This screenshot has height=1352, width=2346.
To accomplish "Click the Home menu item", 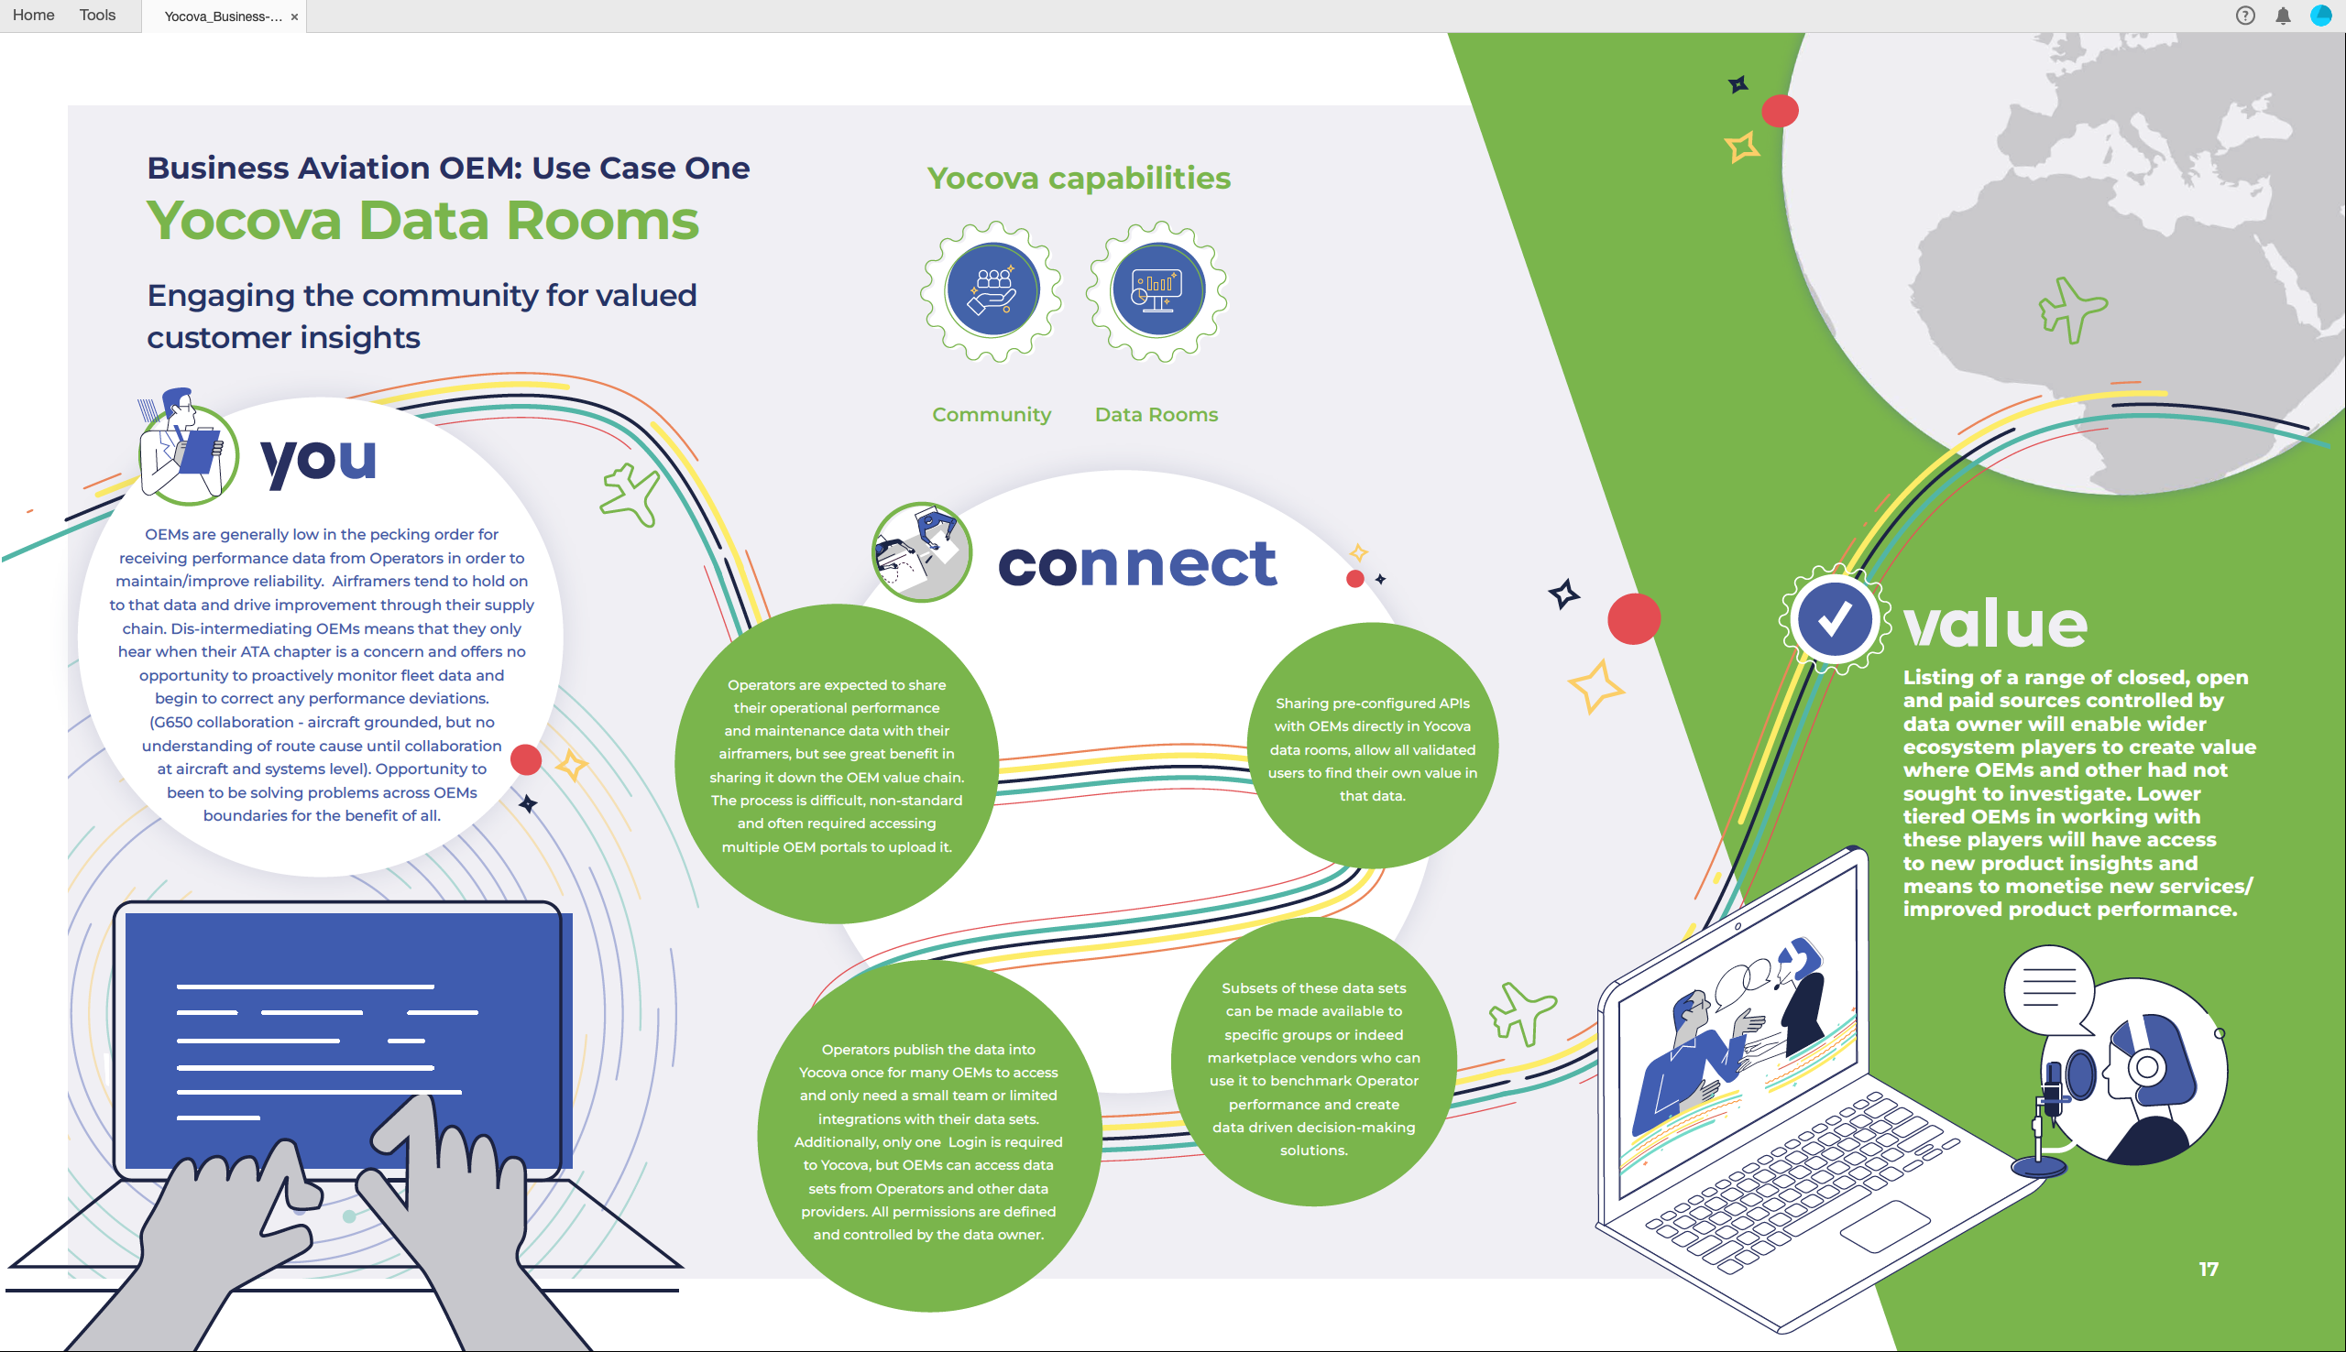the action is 33,15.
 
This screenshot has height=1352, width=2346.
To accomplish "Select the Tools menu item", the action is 97,15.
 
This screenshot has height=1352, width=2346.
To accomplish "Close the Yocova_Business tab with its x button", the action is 294,16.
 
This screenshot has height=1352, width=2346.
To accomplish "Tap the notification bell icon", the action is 2283,16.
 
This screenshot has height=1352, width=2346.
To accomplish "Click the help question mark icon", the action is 2245,16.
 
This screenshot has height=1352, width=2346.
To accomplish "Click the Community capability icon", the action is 992,290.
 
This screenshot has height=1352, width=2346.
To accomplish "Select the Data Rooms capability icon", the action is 1157,290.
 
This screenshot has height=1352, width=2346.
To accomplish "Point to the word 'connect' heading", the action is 1136,563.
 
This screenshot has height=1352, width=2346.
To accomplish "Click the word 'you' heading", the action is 319,459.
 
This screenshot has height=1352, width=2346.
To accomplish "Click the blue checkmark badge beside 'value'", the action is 1835,619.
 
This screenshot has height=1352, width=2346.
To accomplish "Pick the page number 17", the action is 2209,1270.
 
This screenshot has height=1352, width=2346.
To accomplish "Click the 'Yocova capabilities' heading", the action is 1079,178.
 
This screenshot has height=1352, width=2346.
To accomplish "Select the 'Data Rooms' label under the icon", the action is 1157,414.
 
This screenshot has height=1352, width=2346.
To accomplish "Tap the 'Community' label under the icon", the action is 992,415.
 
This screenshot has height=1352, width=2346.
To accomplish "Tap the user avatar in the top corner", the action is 2321,16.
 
